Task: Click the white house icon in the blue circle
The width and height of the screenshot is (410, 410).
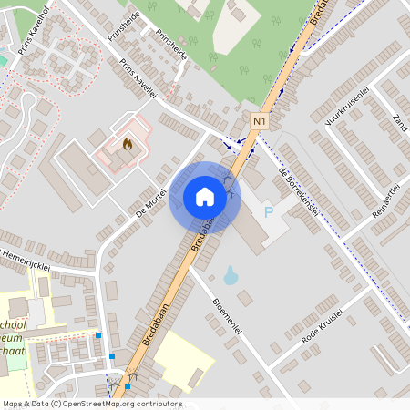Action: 204,196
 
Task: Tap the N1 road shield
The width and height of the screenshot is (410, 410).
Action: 261,120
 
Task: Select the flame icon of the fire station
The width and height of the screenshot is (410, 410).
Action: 127,143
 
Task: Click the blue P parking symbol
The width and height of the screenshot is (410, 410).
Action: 268,212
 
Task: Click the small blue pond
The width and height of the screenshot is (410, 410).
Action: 231,274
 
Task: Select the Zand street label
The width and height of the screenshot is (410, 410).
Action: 398,122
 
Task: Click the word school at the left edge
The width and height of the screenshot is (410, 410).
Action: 12,325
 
